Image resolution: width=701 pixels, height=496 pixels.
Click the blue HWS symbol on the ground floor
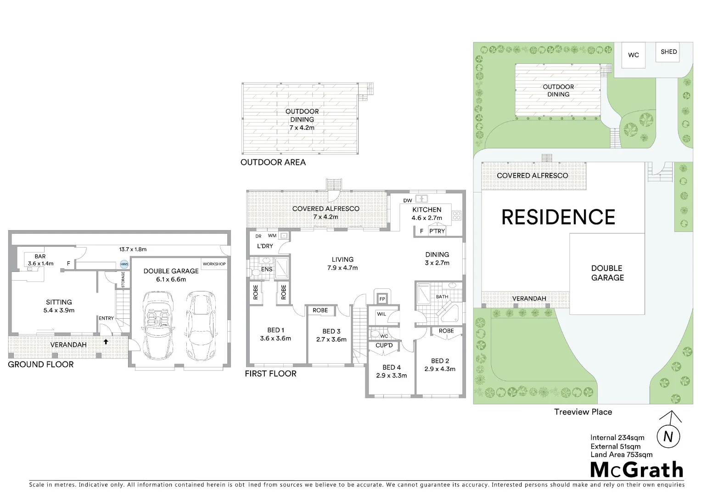coord(124,265)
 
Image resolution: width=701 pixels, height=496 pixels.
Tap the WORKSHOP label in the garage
coord(214,264)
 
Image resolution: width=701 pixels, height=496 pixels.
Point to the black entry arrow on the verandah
coord(106,341)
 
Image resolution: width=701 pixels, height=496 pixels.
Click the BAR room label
coord(40,257)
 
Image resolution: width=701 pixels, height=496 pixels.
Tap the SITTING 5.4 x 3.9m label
coord(59,306)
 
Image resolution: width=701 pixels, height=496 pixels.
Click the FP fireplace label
coord(382,299)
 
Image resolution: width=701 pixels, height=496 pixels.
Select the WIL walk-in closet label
coord(381,315)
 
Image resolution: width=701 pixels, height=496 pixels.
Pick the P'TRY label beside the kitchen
coord(437,231)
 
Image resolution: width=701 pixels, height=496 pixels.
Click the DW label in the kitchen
coord(408,201)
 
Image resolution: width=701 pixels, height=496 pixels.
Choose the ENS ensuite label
coord(267,270)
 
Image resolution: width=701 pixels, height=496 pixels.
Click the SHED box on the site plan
coord(668,52)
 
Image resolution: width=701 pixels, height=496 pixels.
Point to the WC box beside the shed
coord(634,55)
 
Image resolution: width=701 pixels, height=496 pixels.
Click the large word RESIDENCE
coord(558,217)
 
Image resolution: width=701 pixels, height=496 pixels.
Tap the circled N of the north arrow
coord(668,437)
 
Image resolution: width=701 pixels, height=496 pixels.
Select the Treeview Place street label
coord(583,412)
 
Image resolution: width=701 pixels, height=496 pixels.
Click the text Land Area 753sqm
coord(621,455)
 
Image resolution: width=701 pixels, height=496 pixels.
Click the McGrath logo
coord(637,470)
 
